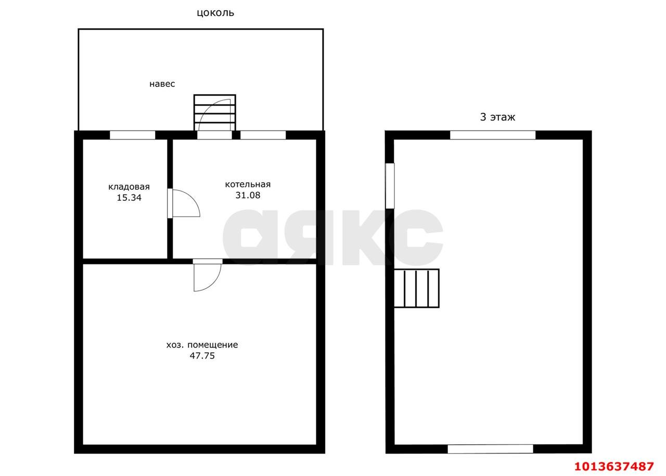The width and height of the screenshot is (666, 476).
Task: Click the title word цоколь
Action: [x=215, y=13]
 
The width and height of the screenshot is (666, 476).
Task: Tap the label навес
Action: [x=162, y=84]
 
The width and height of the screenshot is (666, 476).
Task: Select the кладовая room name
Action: [x=129, y=187]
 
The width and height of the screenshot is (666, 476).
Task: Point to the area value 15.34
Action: [x=129, y=198]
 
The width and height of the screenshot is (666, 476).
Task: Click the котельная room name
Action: [x=248, y=184]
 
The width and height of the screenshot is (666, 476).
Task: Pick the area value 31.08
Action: [x=248, y=195]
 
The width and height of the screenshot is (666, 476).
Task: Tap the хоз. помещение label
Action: [x=202, y=345]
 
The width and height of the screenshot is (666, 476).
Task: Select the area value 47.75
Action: [x=202, y=356]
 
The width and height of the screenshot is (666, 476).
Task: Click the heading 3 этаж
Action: [x=497, y=117]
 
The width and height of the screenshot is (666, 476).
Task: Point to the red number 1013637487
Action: [x=614, y=466]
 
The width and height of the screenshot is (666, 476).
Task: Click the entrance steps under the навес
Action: [x=215, y=113]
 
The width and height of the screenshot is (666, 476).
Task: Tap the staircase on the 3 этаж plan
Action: [x=417, y=288]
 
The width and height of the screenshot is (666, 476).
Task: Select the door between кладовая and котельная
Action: [x=184, y=203]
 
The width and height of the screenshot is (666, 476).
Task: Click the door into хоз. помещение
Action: [x=208, y=275]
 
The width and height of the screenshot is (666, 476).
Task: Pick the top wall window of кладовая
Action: [x=132, y=135]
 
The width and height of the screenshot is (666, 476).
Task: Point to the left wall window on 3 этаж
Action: [x=390, y=186]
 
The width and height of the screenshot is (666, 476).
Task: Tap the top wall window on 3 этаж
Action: [x=493, y=135]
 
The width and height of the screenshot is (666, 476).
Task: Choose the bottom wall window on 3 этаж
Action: [x=490, y=449]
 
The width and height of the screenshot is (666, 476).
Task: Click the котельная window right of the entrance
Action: [x=263, y=135]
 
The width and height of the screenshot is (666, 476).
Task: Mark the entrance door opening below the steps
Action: [x=214, y=135]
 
